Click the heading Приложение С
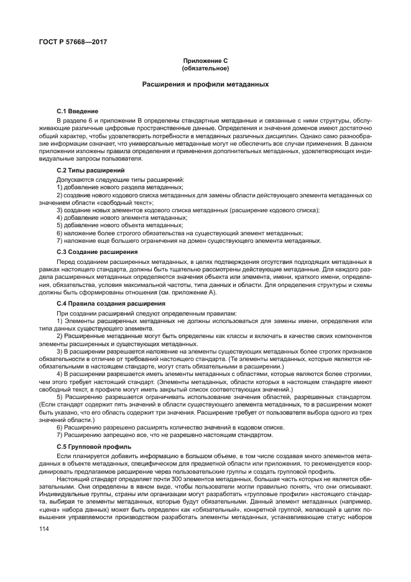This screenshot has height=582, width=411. pos(205,60)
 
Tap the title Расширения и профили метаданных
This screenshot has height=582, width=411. pos(205,83)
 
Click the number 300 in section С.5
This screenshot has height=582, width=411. pos(162,480)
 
